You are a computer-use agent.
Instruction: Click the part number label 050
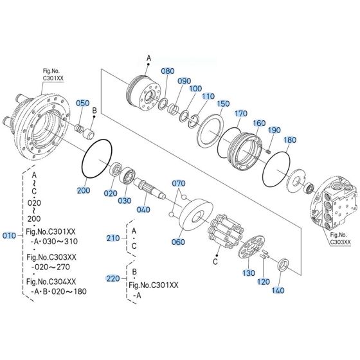pyautogui.click(x=83, y=103)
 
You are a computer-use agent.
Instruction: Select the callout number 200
pyautogui.click(x=84, y=191)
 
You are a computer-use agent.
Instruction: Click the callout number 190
pyautogui.click(x=274, y=129)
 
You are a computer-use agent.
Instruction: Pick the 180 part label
pyautogui.click(x=290, y=139)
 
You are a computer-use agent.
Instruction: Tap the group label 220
pyautogui.click(x=113, y=278)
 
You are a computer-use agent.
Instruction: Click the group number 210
pyautogui.click(x=113, y=238)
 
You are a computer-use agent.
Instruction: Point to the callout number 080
pyautogui.click(x=167, y=71)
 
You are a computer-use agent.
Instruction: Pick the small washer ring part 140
pyautogui.click(x=283, y=263)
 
